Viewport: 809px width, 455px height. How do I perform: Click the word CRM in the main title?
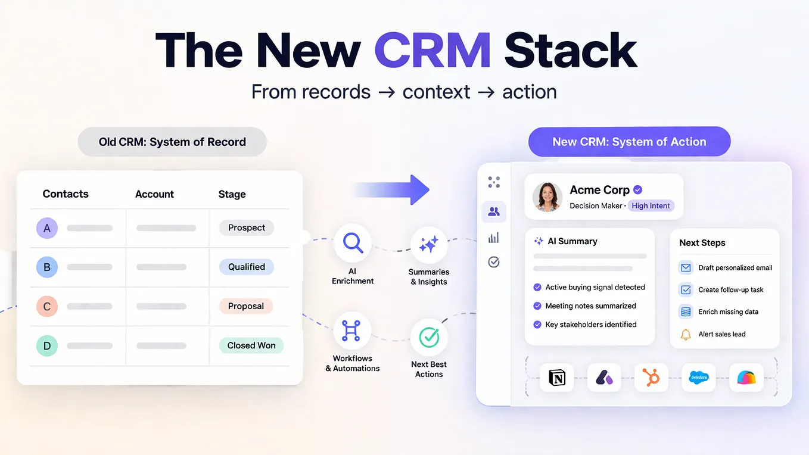click(x=432, y=50)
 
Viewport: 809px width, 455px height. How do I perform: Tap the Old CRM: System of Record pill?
click(x=172, y=142)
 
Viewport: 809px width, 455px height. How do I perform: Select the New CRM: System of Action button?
click(x=629, y=142)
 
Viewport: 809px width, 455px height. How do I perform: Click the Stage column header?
click(x=232, y=194)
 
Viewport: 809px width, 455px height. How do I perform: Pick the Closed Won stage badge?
click(x=251, y=345)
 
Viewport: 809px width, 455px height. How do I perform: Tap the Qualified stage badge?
click(x=247, y=267)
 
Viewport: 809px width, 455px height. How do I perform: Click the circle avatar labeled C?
click(x=47, y=306)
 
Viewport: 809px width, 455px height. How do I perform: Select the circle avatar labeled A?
click(x=47, y=228)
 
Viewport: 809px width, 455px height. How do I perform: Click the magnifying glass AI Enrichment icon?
click(x=353, y=242)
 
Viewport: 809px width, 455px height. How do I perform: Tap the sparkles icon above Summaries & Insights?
click(x=429, y=245)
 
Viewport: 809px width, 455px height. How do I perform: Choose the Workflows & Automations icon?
click(x=351, y=331)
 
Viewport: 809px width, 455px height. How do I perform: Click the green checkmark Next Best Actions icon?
click(x=429, y=337)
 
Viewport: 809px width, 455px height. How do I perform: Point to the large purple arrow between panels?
click(x=391, y=190)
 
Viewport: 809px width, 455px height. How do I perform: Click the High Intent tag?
click(x=651, y=206)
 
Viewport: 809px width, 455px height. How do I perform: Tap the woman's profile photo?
click(x=547, y=197)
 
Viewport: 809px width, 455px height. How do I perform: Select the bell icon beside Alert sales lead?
click(x=686, y=334)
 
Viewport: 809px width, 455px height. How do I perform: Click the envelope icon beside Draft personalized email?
click(x=686, y=267)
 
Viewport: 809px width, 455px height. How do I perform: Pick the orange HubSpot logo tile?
click(x=651, y=378)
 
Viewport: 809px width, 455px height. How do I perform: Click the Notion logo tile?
click(x=556, y=378)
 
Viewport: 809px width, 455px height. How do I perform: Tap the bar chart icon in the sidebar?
click(x=494, y=238)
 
